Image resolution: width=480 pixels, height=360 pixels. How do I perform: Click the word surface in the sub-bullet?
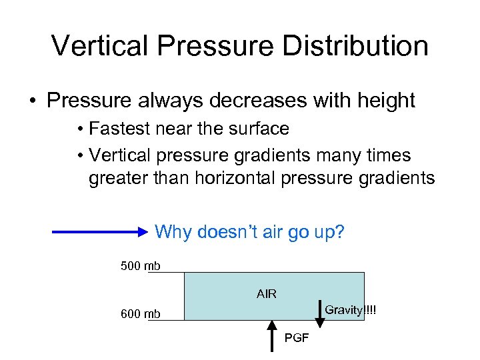[259, 129]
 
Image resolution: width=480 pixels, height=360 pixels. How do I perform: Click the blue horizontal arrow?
[101, 232]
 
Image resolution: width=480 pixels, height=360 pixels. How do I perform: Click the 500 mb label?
[140, 267]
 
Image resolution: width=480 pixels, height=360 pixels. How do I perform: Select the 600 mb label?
[140, 314]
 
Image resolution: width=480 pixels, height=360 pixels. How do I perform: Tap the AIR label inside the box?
[267, 294]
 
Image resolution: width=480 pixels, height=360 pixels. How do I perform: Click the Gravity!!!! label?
[350, 310]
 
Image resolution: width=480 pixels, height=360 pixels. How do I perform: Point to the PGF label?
[297, 338]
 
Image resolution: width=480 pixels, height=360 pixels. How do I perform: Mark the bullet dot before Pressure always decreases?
[31, 101]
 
